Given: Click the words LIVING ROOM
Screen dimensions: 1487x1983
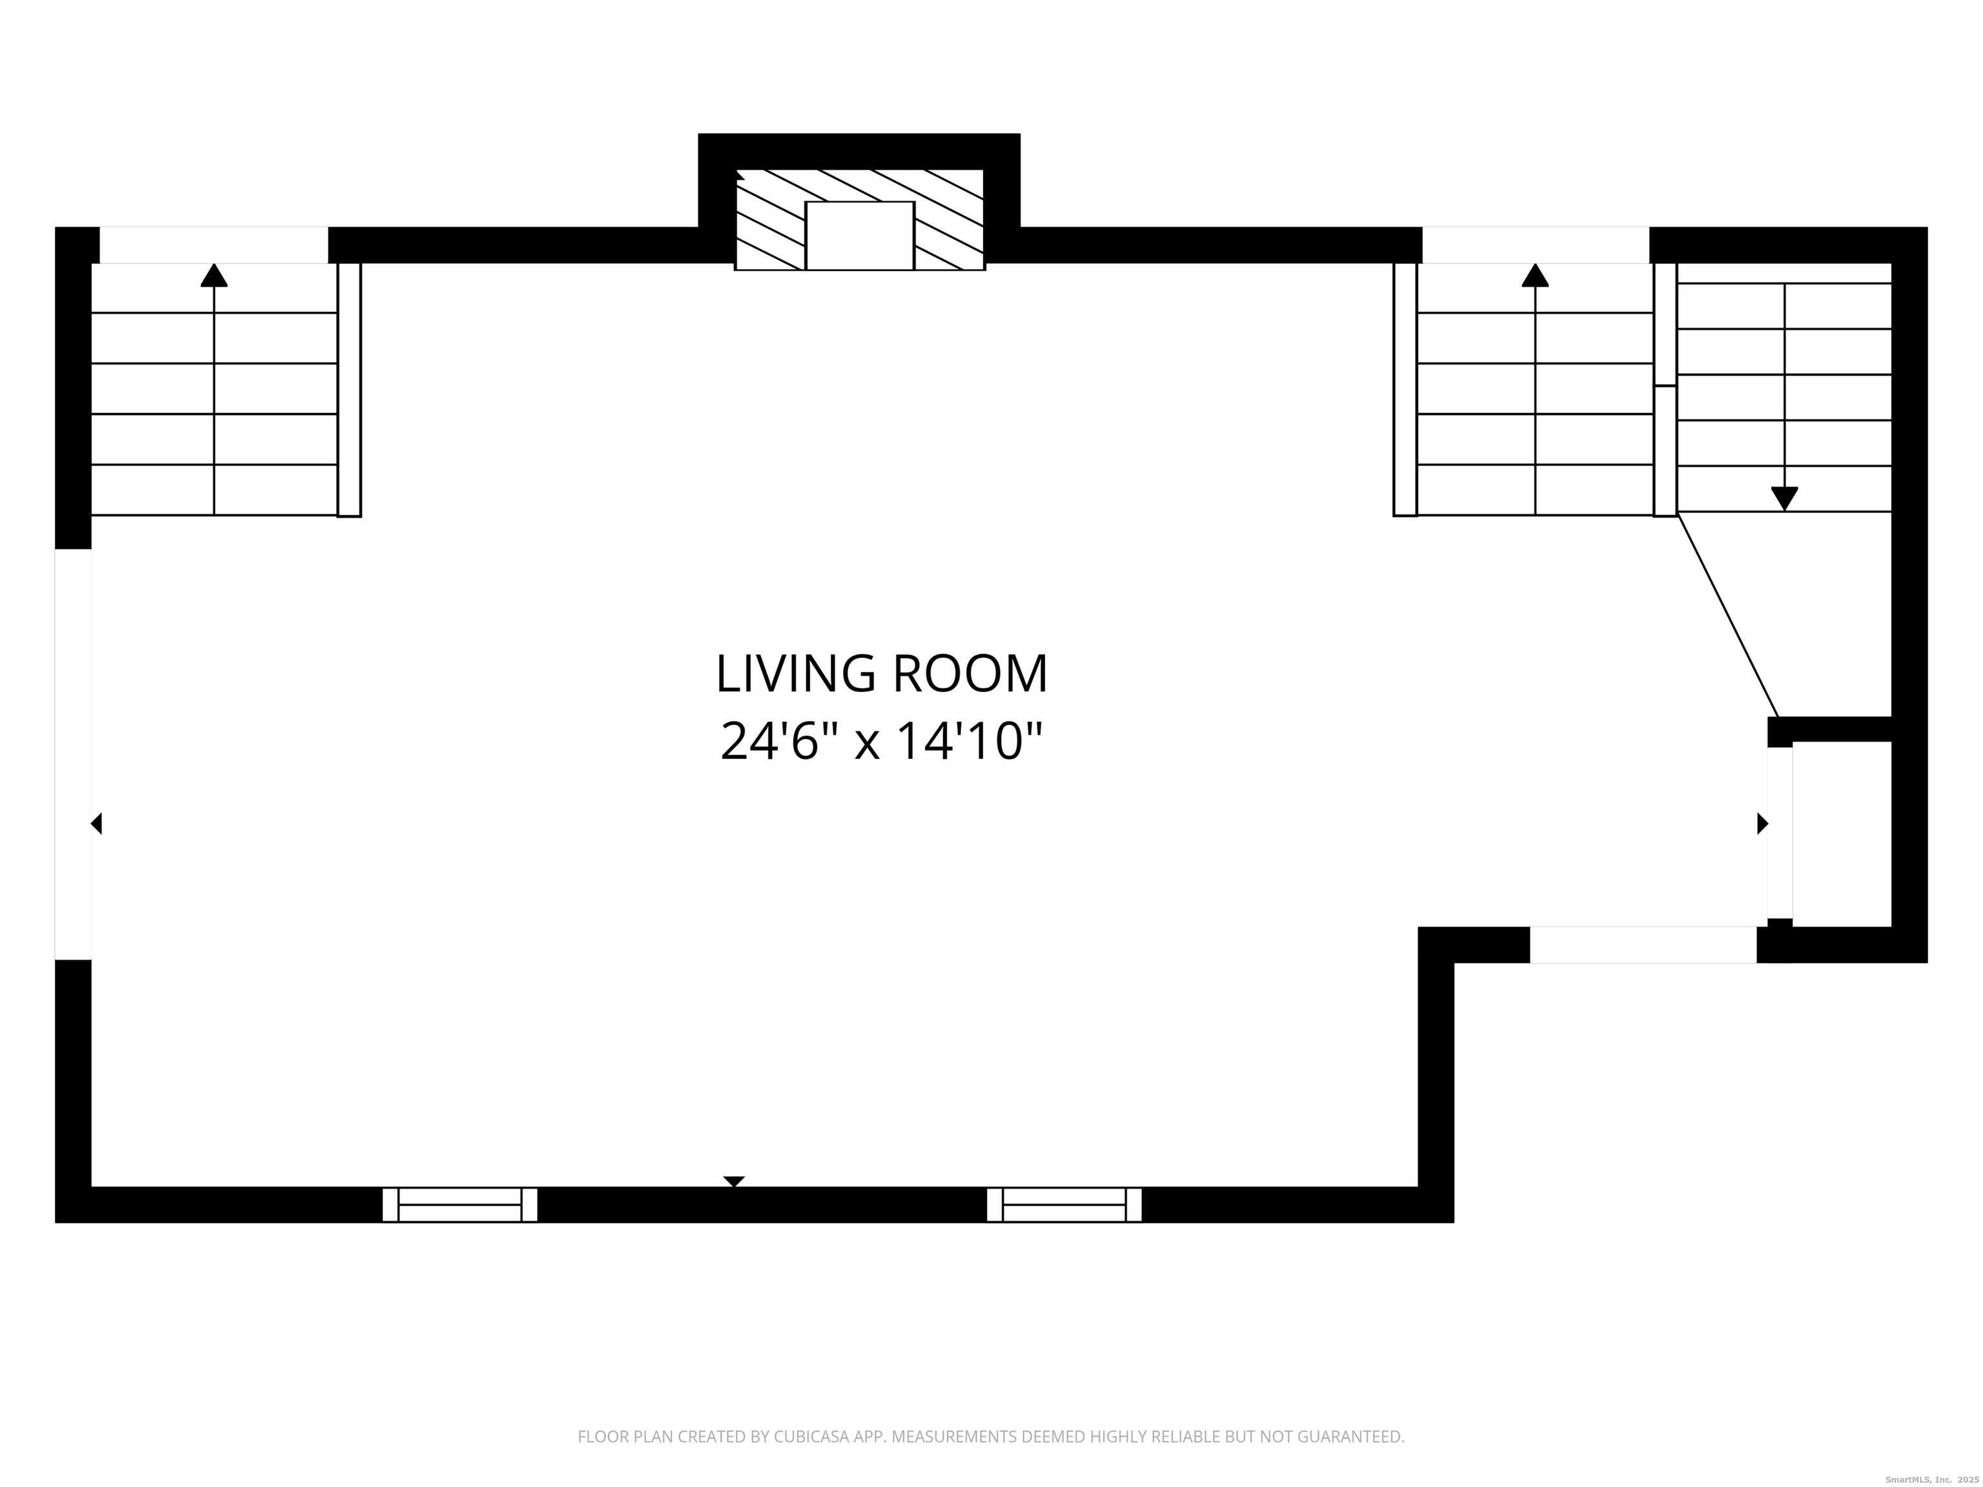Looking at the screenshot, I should (x=881, y=675).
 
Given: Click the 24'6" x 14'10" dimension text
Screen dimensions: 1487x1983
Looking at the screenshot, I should (x=881, y=742).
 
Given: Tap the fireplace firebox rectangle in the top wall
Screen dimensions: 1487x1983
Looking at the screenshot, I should (x=859, y=236).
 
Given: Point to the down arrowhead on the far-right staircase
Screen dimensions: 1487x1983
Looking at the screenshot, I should (x=1784, y=498).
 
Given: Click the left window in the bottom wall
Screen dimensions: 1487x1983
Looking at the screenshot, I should (x=460, y=1205).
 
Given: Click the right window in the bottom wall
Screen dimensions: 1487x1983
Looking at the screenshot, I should (x=1064, y=1205).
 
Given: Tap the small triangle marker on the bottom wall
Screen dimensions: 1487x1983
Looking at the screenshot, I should (x=733, y=1181).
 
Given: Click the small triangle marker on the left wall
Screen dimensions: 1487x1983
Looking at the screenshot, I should (x=97, y=823).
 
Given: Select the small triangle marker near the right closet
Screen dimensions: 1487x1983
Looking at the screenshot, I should (x=1762, y=823).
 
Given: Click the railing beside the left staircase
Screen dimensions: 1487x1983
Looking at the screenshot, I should (x=349, y=390).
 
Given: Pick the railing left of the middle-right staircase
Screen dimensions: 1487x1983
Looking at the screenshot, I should (x=1405, y=390).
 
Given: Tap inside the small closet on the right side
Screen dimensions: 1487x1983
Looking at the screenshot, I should (x=1842, y=834).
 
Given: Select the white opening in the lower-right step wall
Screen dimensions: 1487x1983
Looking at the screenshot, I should (x=1642, y=945).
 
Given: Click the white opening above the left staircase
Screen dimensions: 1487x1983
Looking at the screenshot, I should (x=214, y=245).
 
